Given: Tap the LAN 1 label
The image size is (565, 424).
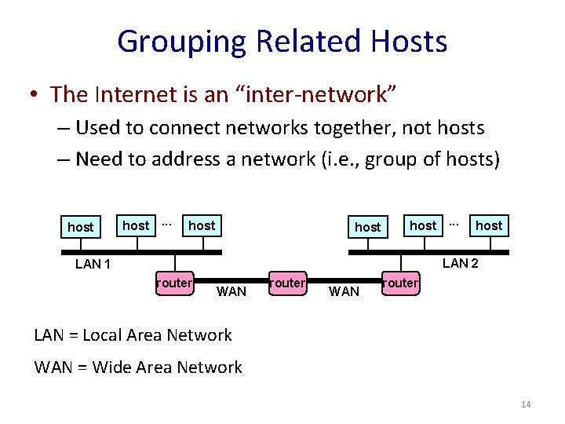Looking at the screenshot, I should tap(93, 264).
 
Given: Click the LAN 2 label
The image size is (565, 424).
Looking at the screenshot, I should tap(461, 263).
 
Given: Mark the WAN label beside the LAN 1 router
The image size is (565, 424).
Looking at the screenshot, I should tap(231, 292).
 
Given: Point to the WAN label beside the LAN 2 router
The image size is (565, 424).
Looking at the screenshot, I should tap(344, 292).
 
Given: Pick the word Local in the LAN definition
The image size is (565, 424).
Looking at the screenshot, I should tap(104, 335).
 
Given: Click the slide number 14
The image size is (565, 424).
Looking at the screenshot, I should tap(526, 404).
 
